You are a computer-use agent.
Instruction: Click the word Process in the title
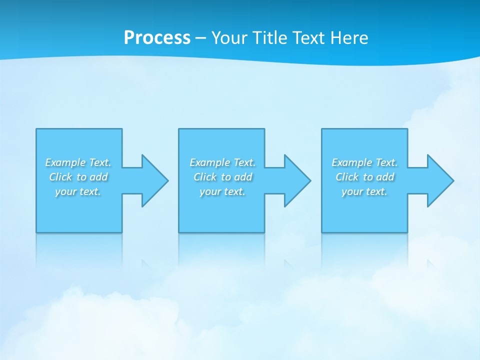click(x=157, y=38)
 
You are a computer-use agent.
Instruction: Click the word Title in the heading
click(x=269, y=38)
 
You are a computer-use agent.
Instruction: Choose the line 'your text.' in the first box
click(x=78, y=191)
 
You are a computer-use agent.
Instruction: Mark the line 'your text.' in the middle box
click(x=222, y=191)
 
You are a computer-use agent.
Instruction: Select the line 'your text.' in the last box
click(x=364, y=191)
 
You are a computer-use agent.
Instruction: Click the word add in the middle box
click(x=243, y=177)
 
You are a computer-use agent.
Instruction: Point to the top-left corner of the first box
click(x=36, y=129)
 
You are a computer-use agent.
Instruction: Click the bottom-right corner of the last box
click(x=407, y=232)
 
